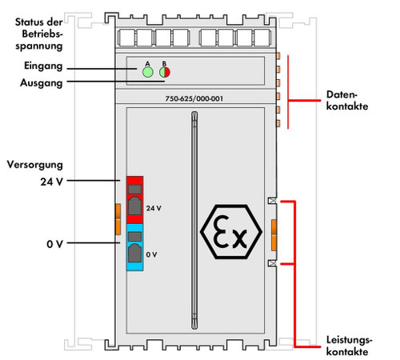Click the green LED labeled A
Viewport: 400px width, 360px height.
147,71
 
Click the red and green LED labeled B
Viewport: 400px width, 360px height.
166,71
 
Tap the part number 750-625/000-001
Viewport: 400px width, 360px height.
198,98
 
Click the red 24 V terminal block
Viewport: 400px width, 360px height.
134,199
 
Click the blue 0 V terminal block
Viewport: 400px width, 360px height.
134,247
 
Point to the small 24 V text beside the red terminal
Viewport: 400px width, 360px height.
154,207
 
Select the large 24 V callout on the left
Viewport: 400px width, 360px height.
51,182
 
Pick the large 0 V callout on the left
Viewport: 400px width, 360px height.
54,243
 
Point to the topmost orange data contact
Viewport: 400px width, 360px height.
278,56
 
